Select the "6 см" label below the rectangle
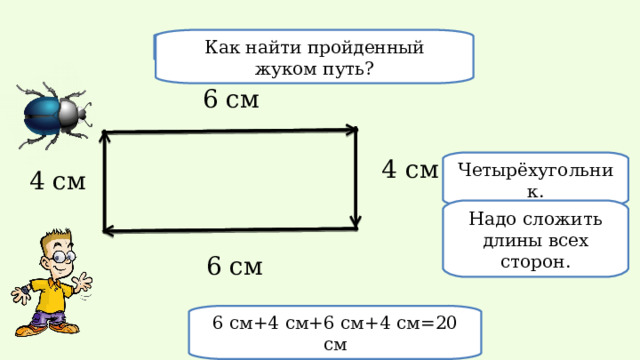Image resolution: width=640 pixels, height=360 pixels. tap(235, 266)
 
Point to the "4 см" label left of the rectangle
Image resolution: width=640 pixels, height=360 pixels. tap(57, 181)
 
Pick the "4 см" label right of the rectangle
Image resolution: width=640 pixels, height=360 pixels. tap(410, 170)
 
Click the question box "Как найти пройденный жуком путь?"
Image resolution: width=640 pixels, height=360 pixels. tap(314, 57)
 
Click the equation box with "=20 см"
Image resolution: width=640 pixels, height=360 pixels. tap(336, 332)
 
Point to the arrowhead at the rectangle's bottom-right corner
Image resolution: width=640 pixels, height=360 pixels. tap(355, 222)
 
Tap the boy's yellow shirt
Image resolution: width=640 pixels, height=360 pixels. tap(44, 294)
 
